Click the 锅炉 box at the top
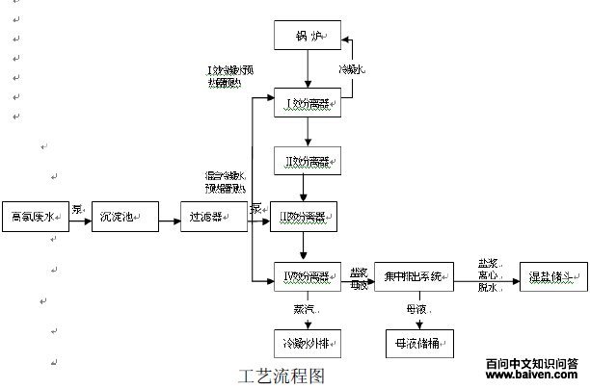click(x=307, y=38)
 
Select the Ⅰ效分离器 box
click(x=307, y=100)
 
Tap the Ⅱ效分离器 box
click(x=307, y=158)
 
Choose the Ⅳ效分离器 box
click(x=307, y=277)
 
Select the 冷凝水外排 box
click(x=307, y=344)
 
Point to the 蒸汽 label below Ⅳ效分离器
click(x=304, y=308)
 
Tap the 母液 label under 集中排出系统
click(x=416, y=308)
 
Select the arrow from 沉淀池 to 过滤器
click(x=163, y=216)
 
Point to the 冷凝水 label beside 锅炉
click(x=351, y=71)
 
